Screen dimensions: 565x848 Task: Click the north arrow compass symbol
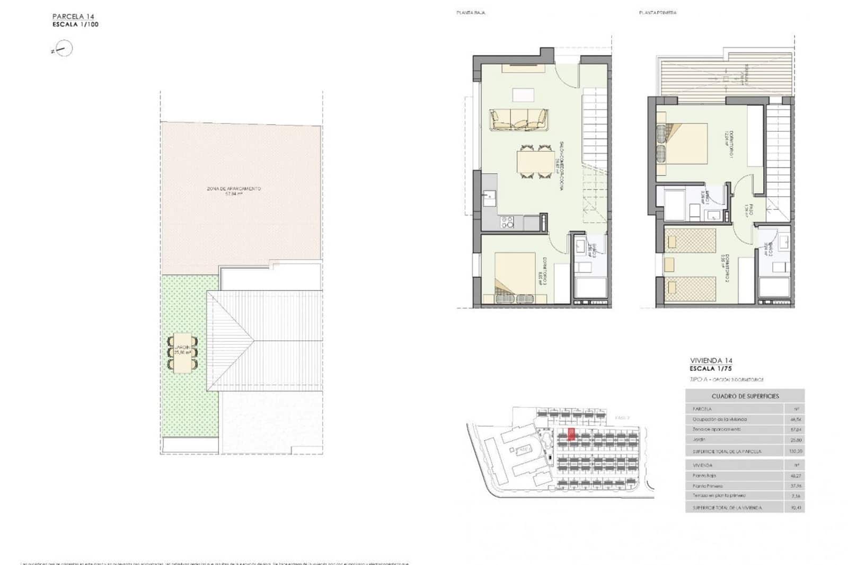tap(63, 49)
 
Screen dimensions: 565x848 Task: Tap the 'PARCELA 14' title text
tap(73, 16)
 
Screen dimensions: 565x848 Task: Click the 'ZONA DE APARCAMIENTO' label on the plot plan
tap(233, 189)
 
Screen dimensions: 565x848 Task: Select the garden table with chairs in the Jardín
tap(182, 352)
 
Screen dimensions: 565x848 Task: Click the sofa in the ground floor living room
tap(518, 120)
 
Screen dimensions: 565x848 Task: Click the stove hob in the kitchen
tap(507, 223)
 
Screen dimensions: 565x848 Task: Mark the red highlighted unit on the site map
tap(571, 435)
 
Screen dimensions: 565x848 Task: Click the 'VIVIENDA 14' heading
tap(711, 360)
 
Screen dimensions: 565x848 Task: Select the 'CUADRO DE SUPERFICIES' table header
tap(745, 396)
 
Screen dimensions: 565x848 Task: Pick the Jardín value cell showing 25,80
tap(796, 440)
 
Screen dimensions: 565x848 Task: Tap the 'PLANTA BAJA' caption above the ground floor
tap(471, 12)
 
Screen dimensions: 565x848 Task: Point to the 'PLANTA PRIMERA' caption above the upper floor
tap(657, 12)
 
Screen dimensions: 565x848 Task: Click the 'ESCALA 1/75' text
tap(710, 368)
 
